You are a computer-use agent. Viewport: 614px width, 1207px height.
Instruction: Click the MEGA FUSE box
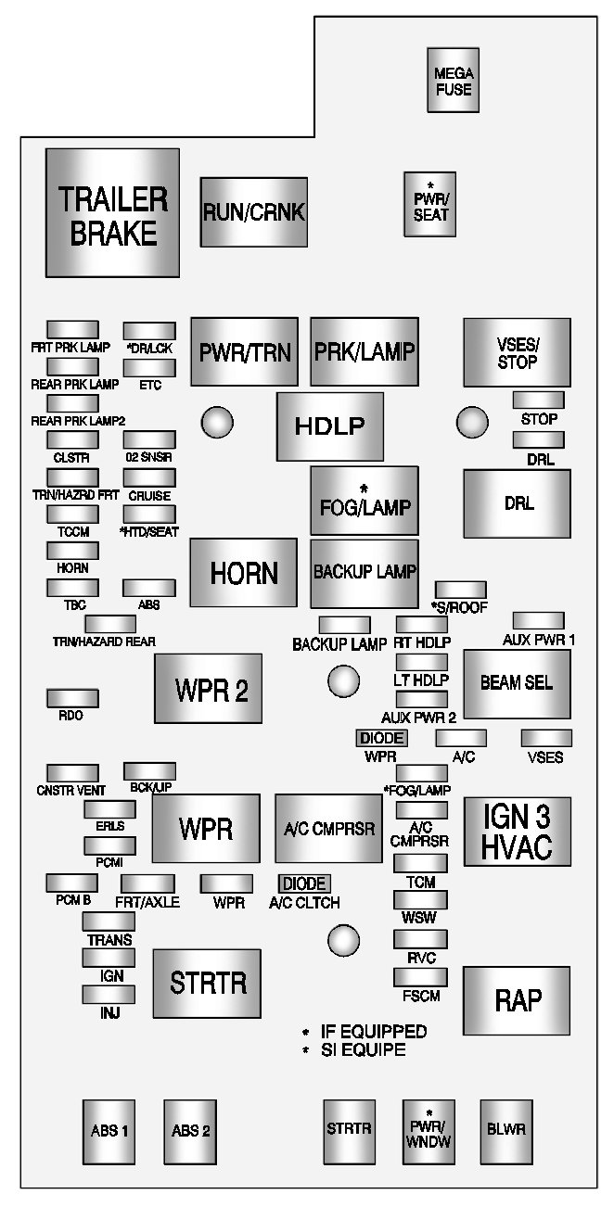pos(454,81)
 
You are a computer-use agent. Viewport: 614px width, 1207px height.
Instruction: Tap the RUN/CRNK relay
pos(253,212)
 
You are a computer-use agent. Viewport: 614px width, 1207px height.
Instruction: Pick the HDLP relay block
pos(329,426)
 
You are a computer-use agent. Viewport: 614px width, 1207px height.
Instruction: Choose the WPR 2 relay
pos(208,689)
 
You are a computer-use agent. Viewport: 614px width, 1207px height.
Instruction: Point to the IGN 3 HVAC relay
pos(517,831)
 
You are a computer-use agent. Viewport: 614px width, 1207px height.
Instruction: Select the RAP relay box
pos(517,1000)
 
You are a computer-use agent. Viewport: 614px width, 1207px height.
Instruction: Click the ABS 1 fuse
pos(109,1130)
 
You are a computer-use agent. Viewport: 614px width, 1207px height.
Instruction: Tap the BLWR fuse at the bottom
pos(505,1130)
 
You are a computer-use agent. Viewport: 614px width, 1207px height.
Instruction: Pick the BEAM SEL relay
pos(517,684)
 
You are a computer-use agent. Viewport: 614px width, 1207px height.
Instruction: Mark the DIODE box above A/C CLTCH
pos(304,883)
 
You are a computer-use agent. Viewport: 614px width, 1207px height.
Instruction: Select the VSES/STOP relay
pos(517,353)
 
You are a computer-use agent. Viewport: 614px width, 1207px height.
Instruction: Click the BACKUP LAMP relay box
pos(364,572)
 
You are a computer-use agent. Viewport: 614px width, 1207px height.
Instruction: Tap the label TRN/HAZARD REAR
pos(104,641)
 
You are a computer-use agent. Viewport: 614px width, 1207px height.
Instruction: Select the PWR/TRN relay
pos(244,351)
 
